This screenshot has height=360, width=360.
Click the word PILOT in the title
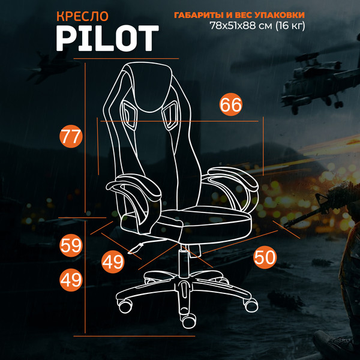tap(107, 37)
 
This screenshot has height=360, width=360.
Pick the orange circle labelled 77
tap(71, 136)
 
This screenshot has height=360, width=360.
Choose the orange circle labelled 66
tap(231, 104)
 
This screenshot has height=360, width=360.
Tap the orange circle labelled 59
tap(71, 245)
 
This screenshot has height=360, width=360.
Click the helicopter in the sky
tap(311, 85)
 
